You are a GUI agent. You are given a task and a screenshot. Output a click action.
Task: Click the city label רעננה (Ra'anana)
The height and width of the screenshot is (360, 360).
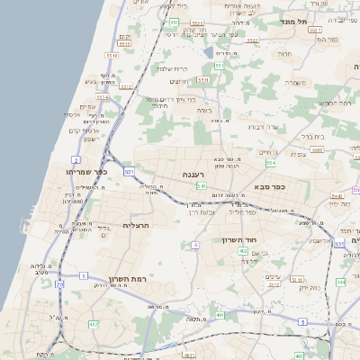point(194,175)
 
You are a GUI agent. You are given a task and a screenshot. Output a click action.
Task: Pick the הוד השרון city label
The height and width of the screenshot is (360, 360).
point(239,240)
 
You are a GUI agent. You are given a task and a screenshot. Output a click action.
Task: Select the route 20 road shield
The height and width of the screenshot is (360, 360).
point(59,283)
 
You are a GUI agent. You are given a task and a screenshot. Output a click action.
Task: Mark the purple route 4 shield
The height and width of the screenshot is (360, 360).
point(195,244)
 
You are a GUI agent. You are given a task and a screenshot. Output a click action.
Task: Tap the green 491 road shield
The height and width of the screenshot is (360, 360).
point(220,316)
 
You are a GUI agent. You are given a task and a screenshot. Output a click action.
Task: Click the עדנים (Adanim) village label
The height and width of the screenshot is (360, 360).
point(274,276)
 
